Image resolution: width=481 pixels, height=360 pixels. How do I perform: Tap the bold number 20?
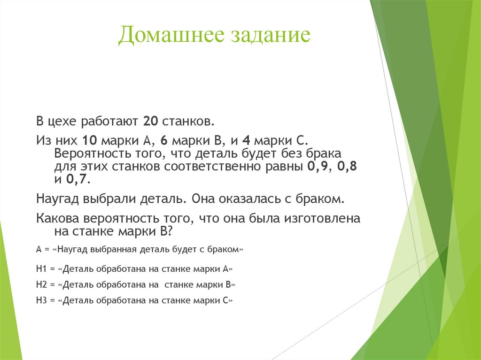tap(151, 122)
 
